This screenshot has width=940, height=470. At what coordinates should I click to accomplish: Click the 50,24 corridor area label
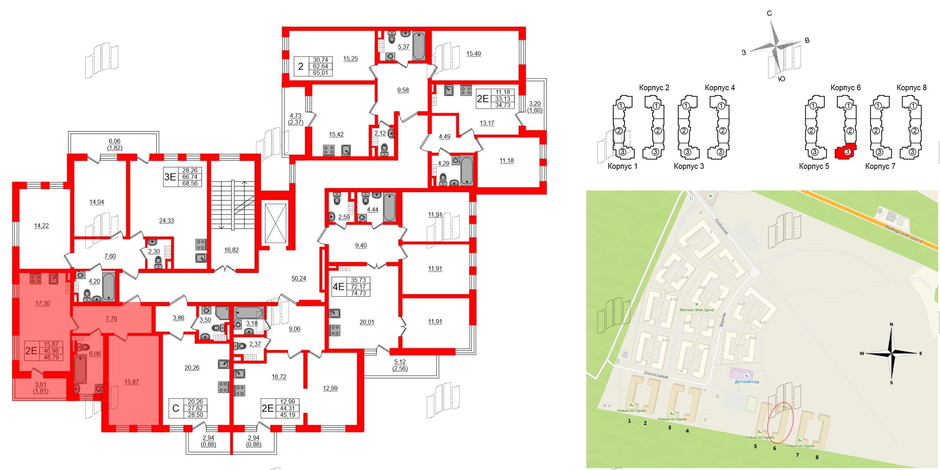point(299,279)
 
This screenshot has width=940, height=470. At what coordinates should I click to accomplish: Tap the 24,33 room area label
point(167,221)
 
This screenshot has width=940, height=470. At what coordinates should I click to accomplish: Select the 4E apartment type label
point(338,287)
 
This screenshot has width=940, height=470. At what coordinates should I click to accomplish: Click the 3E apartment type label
point(170,177)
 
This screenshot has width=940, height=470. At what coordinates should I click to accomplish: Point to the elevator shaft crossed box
point(276,223)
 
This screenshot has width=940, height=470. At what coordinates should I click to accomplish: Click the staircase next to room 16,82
point(233,205)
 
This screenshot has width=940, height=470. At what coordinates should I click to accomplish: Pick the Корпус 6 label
point(845,88)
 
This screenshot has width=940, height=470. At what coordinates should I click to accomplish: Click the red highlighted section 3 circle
point(847,152)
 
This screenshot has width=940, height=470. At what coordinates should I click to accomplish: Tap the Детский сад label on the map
point(747,382)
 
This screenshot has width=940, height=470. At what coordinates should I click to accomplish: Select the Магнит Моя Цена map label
point(696,310)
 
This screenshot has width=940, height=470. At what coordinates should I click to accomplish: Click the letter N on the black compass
point(891,324)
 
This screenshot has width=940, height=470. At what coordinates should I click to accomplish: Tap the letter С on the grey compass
point(769,14)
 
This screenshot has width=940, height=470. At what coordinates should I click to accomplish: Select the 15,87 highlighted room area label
point(132,382)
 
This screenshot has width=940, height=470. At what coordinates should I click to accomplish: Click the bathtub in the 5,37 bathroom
point(419,46)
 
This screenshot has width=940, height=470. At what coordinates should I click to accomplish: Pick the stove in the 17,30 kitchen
point(36,279)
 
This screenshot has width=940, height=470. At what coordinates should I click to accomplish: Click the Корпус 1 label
point(622,166)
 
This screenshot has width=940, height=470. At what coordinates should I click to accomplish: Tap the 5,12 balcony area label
point(400,362)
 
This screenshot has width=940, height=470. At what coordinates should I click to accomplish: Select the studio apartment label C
point(176,408)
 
